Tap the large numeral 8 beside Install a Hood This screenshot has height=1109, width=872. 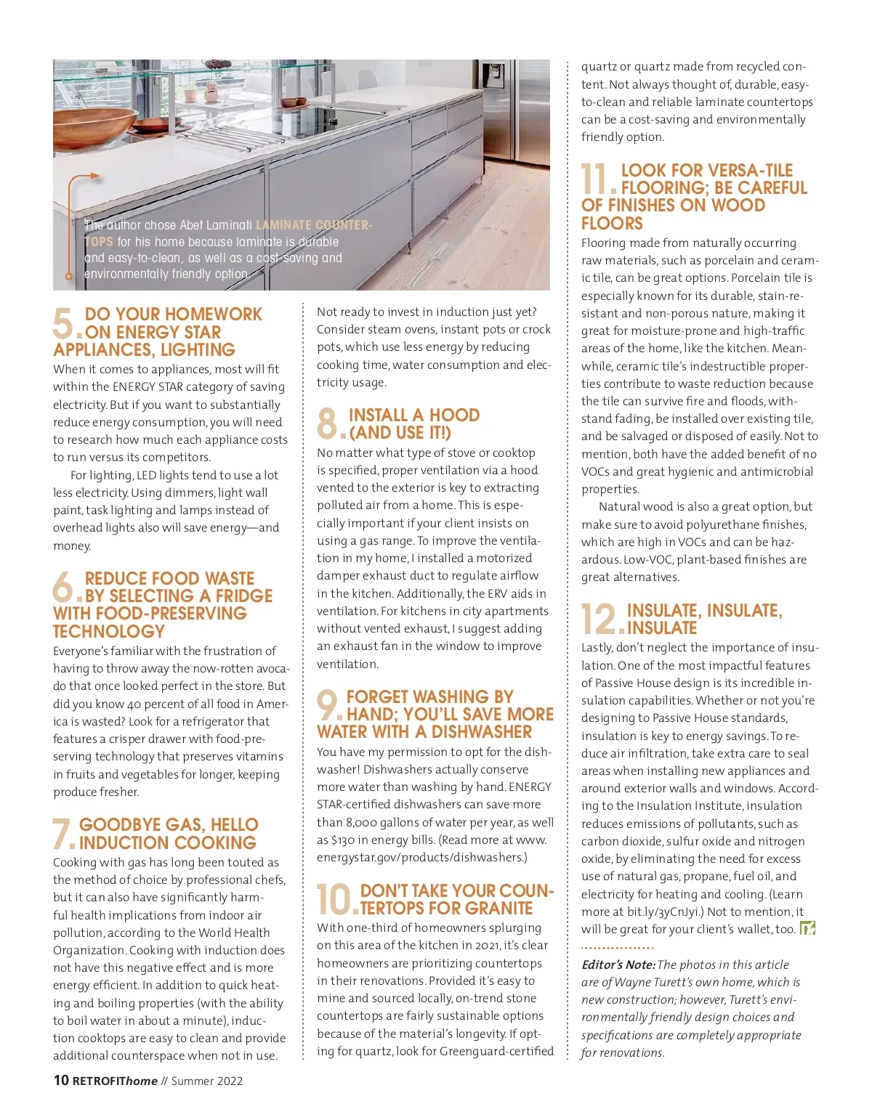tap(328, 423)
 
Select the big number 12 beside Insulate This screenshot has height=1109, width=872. tap(600, 619)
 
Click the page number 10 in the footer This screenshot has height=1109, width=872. tap(61, 1080)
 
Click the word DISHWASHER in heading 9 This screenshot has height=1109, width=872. tap(481, 732)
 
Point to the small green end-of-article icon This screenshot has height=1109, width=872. tap(807, 929)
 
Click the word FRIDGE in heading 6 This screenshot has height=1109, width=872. tap(243, 596)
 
